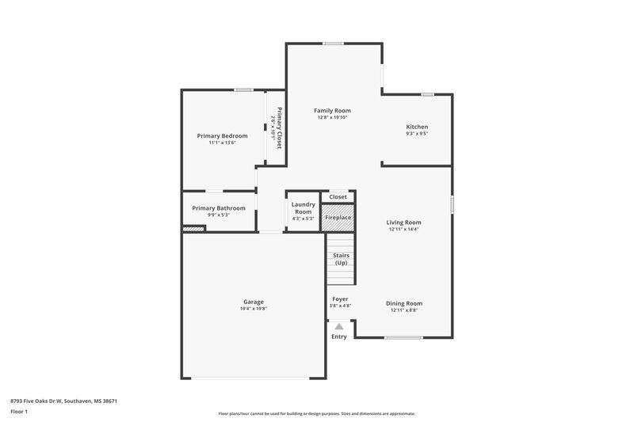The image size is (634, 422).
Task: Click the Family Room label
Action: (332, 111)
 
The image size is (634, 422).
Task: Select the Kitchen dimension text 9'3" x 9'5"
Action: (417, 134)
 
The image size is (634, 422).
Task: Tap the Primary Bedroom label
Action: (222, 136)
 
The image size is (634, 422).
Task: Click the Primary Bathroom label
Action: (219, 208)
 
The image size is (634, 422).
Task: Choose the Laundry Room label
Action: (304, 208)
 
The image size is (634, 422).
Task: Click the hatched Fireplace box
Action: (338, 217)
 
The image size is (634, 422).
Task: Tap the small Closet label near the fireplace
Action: (338, 196)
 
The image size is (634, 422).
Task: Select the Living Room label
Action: (403, 222)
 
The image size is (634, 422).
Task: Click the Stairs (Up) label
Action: (342, 259)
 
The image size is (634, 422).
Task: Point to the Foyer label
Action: (340, 299)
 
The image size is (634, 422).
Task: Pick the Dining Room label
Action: (403, 303)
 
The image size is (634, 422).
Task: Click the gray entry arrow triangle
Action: (339, 325)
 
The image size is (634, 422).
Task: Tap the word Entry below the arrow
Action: (339, 337)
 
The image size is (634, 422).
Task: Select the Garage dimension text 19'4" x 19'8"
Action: (254, 309)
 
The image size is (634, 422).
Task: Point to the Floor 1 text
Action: (19, 412)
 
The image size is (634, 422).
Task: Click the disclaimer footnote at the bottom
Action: (317, 413)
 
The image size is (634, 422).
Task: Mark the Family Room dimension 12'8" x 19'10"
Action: (332, 118)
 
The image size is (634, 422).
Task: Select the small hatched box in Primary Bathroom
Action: (193, 229)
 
